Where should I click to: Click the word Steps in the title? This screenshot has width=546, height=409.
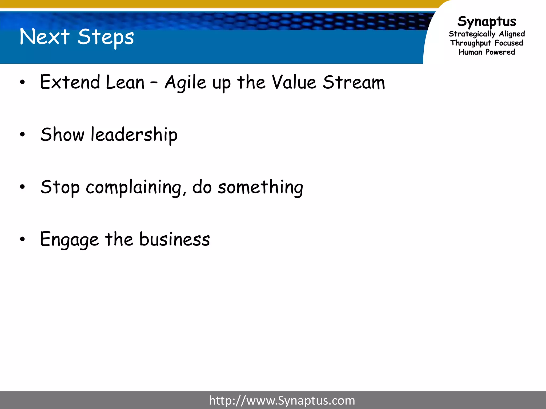pyautogui.click(x=106, y=37)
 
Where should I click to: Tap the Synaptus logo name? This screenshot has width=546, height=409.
pyautogui.click(x=487, y=21)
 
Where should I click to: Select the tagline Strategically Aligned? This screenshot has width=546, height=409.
pyautogui.click(x=487, y=34)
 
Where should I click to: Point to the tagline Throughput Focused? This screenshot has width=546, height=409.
pyautogui.click(x=487, y=43)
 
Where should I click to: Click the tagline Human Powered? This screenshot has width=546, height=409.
pyautogui.click(x=487, y=52)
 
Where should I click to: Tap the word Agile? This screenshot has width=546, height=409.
pyautogui.click(x=186, y=83)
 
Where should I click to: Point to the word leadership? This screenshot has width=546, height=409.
pyautogui.click(x=134, y=135)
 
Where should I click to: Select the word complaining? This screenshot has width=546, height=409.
pyautogui.click(x=134, y=187)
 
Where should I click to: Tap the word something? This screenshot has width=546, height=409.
pyautogui.click(x=260, y=187)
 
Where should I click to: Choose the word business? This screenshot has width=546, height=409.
pyautogui.click(x=175, y=239)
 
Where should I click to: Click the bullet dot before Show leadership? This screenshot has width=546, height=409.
pyautogui.click(x=22, y=135)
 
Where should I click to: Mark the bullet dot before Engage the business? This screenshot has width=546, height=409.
pyautogui.click(x=22, y=239)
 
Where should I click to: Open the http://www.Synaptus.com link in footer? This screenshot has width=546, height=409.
pyautogui.click(x=282, y=400)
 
